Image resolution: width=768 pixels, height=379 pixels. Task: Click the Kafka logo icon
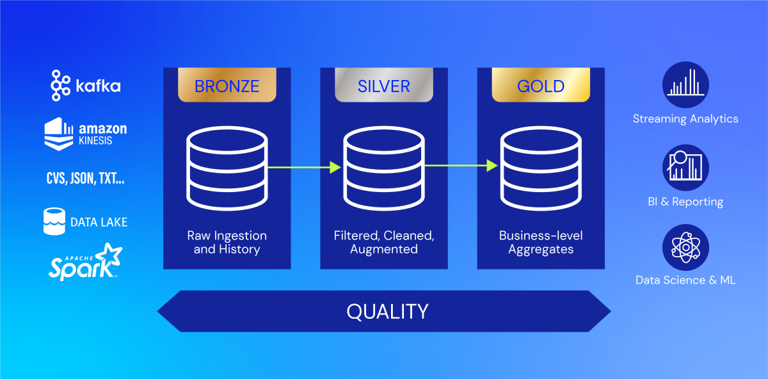(x=60, y=85)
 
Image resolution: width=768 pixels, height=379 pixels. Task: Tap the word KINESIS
(x=95, y=141)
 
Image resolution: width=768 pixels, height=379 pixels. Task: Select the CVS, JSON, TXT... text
(x=85, y=179)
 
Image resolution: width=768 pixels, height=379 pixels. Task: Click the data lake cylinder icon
(x=54, y=222)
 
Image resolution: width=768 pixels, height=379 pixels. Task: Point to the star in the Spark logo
(x=109, y=255)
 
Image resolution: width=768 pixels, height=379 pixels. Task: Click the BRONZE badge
(x=227, y=85)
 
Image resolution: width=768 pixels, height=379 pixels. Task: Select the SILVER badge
(x=384, y=85)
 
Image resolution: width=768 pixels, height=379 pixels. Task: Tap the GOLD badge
(x=541, y=85)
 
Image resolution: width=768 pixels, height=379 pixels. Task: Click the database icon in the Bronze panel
(x=227, y=168)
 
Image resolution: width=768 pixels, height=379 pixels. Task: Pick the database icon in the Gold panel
(x=541, y=168)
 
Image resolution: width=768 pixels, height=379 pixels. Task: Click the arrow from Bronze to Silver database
(x=304, y=167)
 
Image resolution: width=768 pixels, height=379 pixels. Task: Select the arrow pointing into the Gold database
(x=461, y=166)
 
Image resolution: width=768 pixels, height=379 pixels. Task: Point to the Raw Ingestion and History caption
(x=227, y=242)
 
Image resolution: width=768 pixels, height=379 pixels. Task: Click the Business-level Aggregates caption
(x=541, y=242)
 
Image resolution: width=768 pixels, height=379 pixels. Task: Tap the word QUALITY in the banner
(x=387, y=311)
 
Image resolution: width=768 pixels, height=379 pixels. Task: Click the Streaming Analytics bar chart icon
(x=685, y=85)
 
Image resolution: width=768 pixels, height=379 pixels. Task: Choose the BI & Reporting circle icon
(x=685, y=167)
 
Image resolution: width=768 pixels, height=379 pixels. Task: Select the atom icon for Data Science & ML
(x=685, y=247)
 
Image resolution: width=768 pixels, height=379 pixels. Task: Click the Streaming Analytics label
(x=685, y=118)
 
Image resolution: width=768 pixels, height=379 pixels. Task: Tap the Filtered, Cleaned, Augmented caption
(x=384, y=242)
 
